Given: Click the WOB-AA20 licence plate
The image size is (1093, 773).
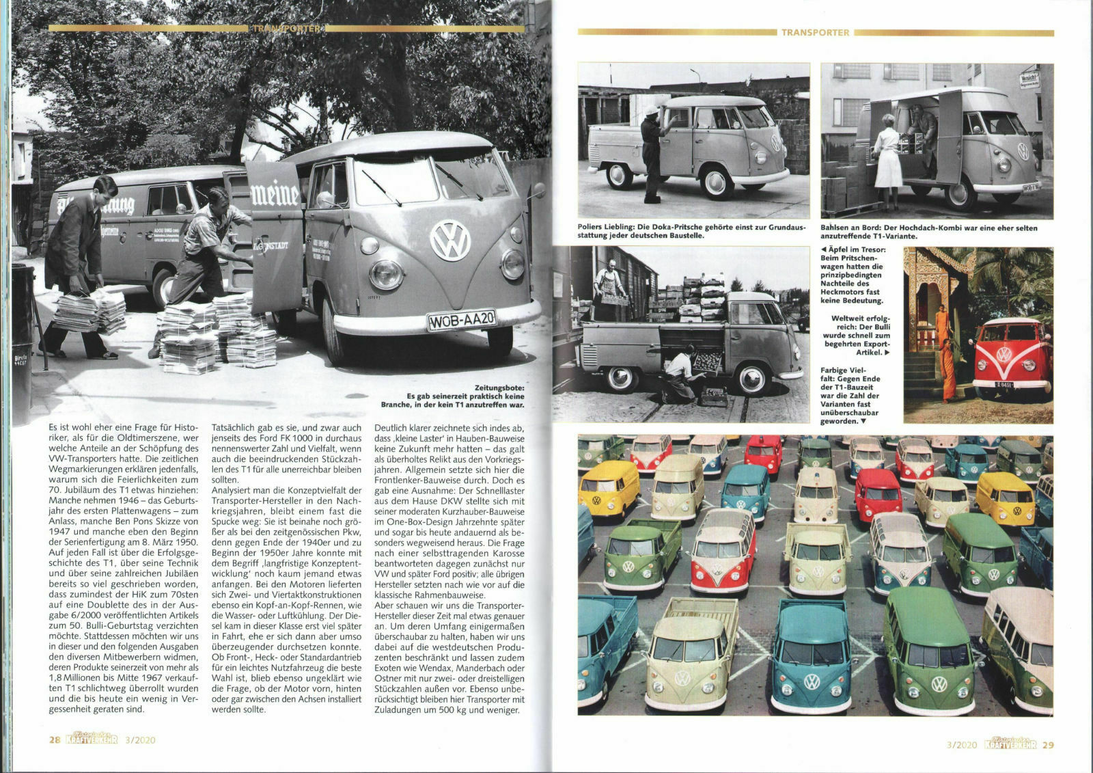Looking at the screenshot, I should pos(462,320).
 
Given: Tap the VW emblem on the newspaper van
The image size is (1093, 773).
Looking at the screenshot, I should pos(450,240).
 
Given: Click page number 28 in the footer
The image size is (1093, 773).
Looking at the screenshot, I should pos(55,740).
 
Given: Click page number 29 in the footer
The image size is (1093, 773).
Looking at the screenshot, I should pos(1047,745).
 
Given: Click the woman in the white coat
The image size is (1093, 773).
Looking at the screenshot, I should pos(887,160).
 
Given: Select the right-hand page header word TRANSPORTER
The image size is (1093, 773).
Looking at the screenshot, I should pos(815,32).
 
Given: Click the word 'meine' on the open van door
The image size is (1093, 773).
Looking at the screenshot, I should pos(275,195).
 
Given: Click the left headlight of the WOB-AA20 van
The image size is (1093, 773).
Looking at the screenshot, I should pos(386,274).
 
